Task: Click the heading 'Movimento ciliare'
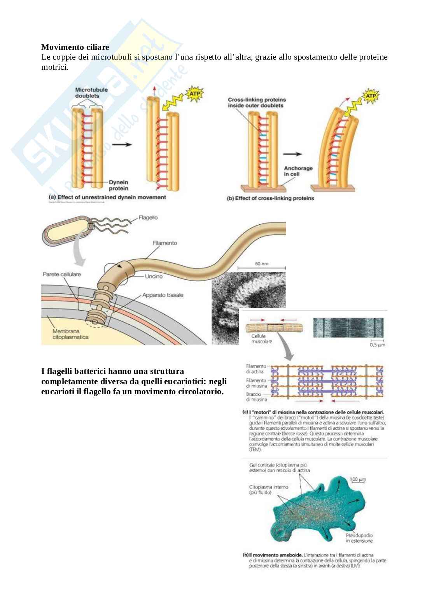click(75, 47)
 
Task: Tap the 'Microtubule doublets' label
click(86, 93)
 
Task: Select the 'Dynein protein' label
click(119, 185)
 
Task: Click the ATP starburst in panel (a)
click(194, 94)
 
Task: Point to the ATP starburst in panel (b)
click(370, 96)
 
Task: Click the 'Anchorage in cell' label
click(298, 171)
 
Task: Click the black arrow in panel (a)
click(122, 144)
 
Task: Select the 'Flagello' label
click(148, 217)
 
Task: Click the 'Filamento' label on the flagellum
click(165, 243)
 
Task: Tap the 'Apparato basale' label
click(163, 295)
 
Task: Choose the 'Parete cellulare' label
click(61, 274)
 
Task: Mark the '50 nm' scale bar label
click(262, 264)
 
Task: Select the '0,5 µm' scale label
click(377, 345)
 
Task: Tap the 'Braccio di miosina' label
click(256, 397)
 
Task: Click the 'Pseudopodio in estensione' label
click(359, 538)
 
